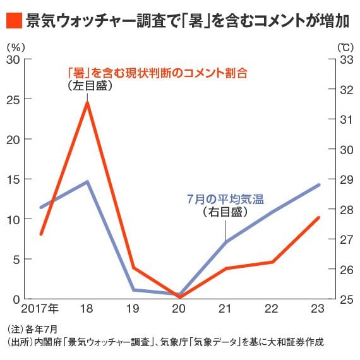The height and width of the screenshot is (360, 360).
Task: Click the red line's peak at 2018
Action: click(87, 102)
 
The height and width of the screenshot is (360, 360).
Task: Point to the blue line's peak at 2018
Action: click(87, 182)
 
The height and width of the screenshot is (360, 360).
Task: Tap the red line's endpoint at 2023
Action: click(319, 218)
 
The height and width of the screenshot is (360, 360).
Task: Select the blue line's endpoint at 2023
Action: click(319, 184)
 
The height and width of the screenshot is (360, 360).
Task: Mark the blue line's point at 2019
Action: click(133, 290)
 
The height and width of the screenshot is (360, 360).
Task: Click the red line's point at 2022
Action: click(272, 261)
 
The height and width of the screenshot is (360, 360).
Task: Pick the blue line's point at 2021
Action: click(226, 242)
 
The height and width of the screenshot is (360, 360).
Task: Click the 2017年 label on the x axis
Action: click(41, 309)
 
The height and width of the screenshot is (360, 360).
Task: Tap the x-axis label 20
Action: click(179, 309)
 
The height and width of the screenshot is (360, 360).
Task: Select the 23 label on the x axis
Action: click(319, 309)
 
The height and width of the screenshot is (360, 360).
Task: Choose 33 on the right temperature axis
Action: click(346, 59)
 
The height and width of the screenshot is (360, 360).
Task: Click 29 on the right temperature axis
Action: click(346, 179)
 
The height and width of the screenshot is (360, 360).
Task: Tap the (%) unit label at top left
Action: click(13, 47)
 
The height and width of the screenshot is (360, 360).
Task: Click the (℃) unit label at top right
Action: click(345, 47)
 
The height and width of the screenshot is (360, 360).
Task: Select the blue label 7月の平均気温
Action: click(225, 198)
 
